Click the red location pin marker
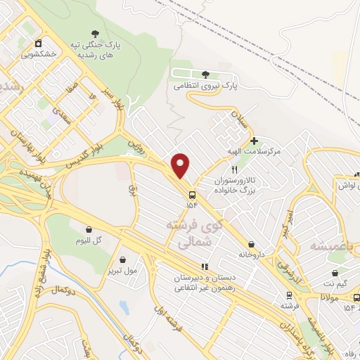[181, 166]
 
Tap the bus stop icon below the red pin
[191, 193]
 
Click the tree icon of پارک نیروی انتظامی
[205, 74]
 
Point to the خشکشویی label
[39, 53]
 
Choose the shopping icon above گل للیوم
[89, 229]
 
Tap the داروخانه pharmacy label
[250, 254]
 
